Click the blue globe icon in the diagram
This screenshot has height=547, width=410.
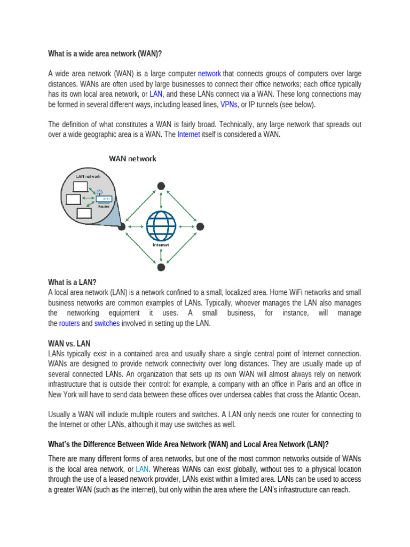[x=161, y=226]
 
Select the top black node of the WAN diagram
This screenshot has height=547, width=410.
[x=161, y=186]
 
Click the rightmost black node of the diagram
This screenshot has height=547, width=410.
[x=200, y=226]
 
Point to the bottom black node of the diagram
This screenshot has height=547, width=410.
[x=161, y=267]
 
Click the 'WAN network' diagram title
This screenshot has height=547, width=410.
[x=132, y=159]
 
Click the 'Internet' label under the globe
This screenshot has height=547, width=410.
[x=161, y=245]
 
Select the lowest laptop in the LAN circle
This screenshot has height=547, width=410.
[x=84, y=214]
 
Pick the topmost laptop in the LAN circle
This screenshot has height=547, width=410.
[x=80, y=186]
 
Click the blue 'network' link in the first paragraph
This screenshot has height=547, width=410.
[x=209, y=74]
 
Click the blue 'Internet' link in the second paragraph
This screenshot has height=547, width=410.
[x=188, y=135]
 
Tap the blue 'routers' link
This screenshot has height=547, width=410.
[x=69, y=323]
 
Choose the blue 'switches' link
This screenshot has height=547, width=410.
[x=107, y=323]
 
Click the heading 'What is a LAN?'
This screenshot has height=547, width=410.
[x=72, y=283]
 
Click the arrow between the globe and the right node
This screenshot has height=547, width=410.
[x=187, y=226]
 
